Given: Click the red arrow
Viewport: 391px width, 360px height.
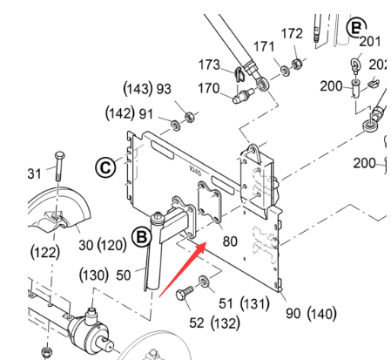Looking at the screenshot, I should pos(181,270).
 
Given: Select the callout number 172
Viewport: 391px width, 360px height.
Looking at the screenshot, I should pos(292,34).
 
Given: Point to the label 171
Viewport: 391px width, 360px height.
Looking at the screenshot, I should pos(264,45).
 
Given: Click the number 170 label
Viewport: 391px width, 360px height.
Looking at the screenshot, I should pos(209,88).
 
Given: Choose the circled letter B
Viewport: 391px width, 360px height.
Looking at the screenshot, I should pos(142,235).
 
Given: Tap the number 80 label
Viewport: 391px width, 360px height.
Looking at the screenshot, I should pos(230,241).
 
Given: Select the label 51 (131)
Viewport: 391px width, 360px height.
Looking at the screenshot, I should pos(243,302).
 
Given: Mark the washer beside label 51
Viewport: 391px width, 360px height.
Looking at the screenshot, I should pos(203,281).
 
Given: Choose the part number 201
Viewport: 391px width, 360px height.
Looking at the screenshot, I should pos(370,41).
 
